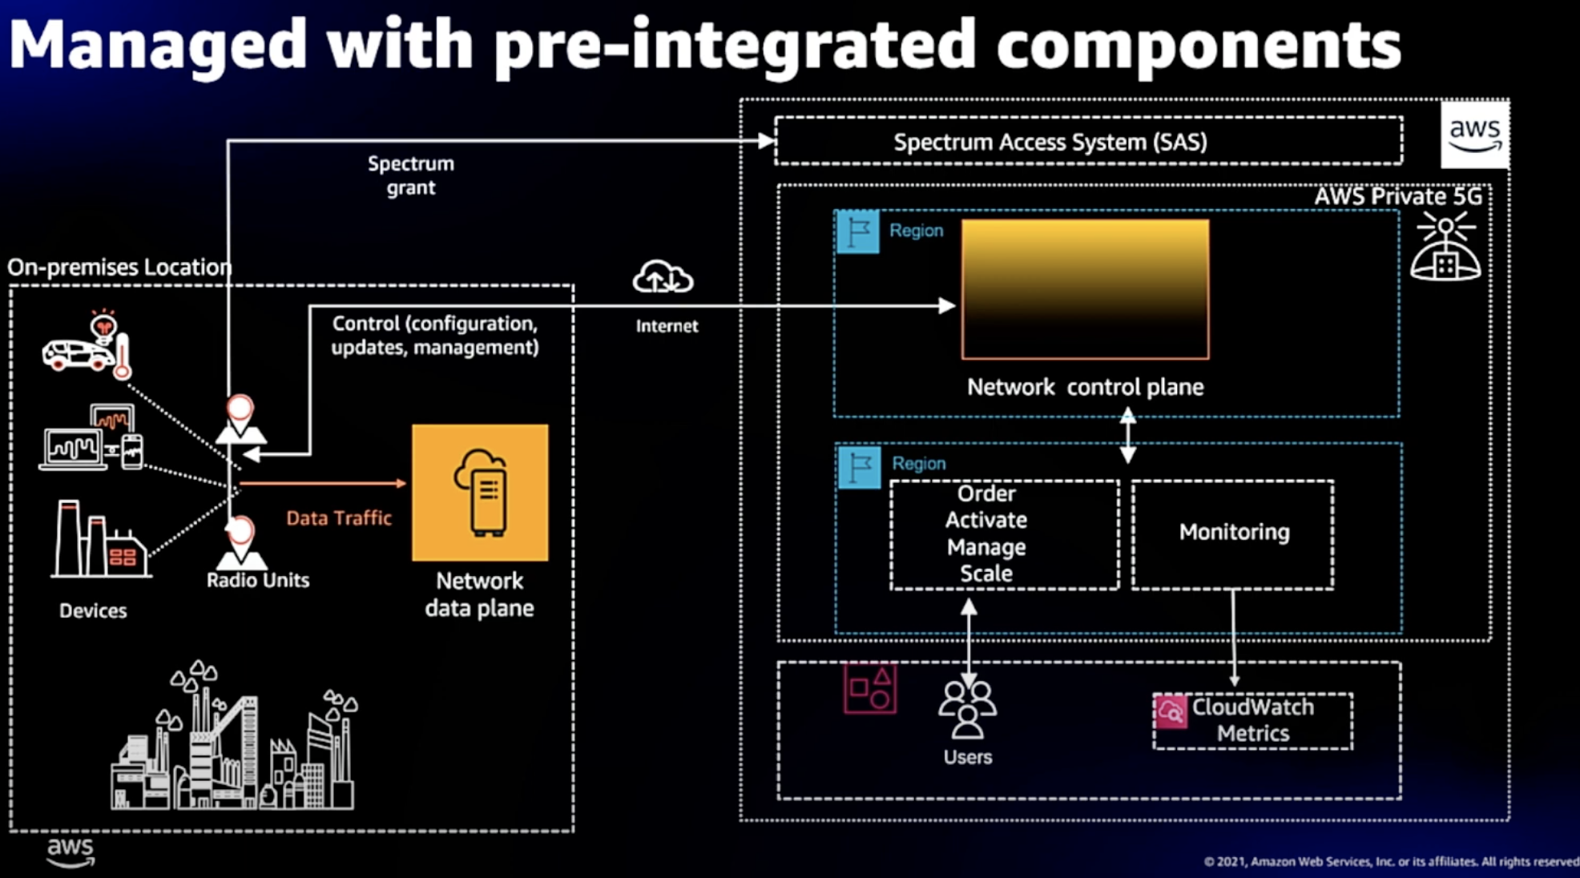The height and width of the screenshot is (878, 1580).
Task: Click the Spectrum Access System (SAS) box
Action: coord(1088,141)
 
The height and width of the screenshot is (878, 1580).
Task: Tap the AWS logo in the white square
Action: coord(1474,134)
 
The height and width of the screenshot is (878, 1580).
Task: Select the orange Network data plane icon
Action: coord(480,493)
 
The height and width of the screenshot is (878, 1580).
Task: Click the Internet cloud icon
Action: coord(663,277)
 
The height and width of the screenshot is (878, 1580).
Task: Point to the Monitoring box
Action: coord(1233,534)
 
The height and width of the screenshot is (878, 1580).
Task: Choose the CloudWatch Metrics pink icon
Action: coord(1171,711)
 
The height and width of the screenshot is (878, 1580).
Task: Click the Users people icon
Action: coord(967,709)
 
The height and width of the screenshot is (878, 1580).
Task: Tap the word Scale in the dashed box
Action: coord(986,574)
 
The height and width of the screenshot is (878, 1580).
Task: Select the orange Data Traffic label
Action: coord(339,518)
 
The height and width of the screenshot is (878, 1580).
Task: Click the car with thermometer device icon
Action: coord(87,344)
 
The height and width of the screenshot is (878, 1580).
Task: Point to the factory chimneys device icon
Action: coord(100,539)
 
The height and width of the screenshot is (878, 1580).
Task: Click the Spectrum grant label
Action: coord(411,175)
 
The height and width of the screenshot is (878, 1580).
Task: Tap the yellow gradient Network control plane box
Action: coord(1086,289)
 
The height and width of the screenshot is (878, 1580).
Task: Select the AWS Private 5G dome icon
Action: coord(1445,247)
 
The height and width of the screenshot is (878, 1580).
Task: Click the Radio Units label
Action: coord(258,580)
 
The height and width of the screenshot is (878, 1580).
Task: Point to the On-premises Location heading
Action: coord(119,267)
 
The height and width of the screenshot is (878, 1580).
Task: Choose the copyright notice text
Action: coord(1391,862)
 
